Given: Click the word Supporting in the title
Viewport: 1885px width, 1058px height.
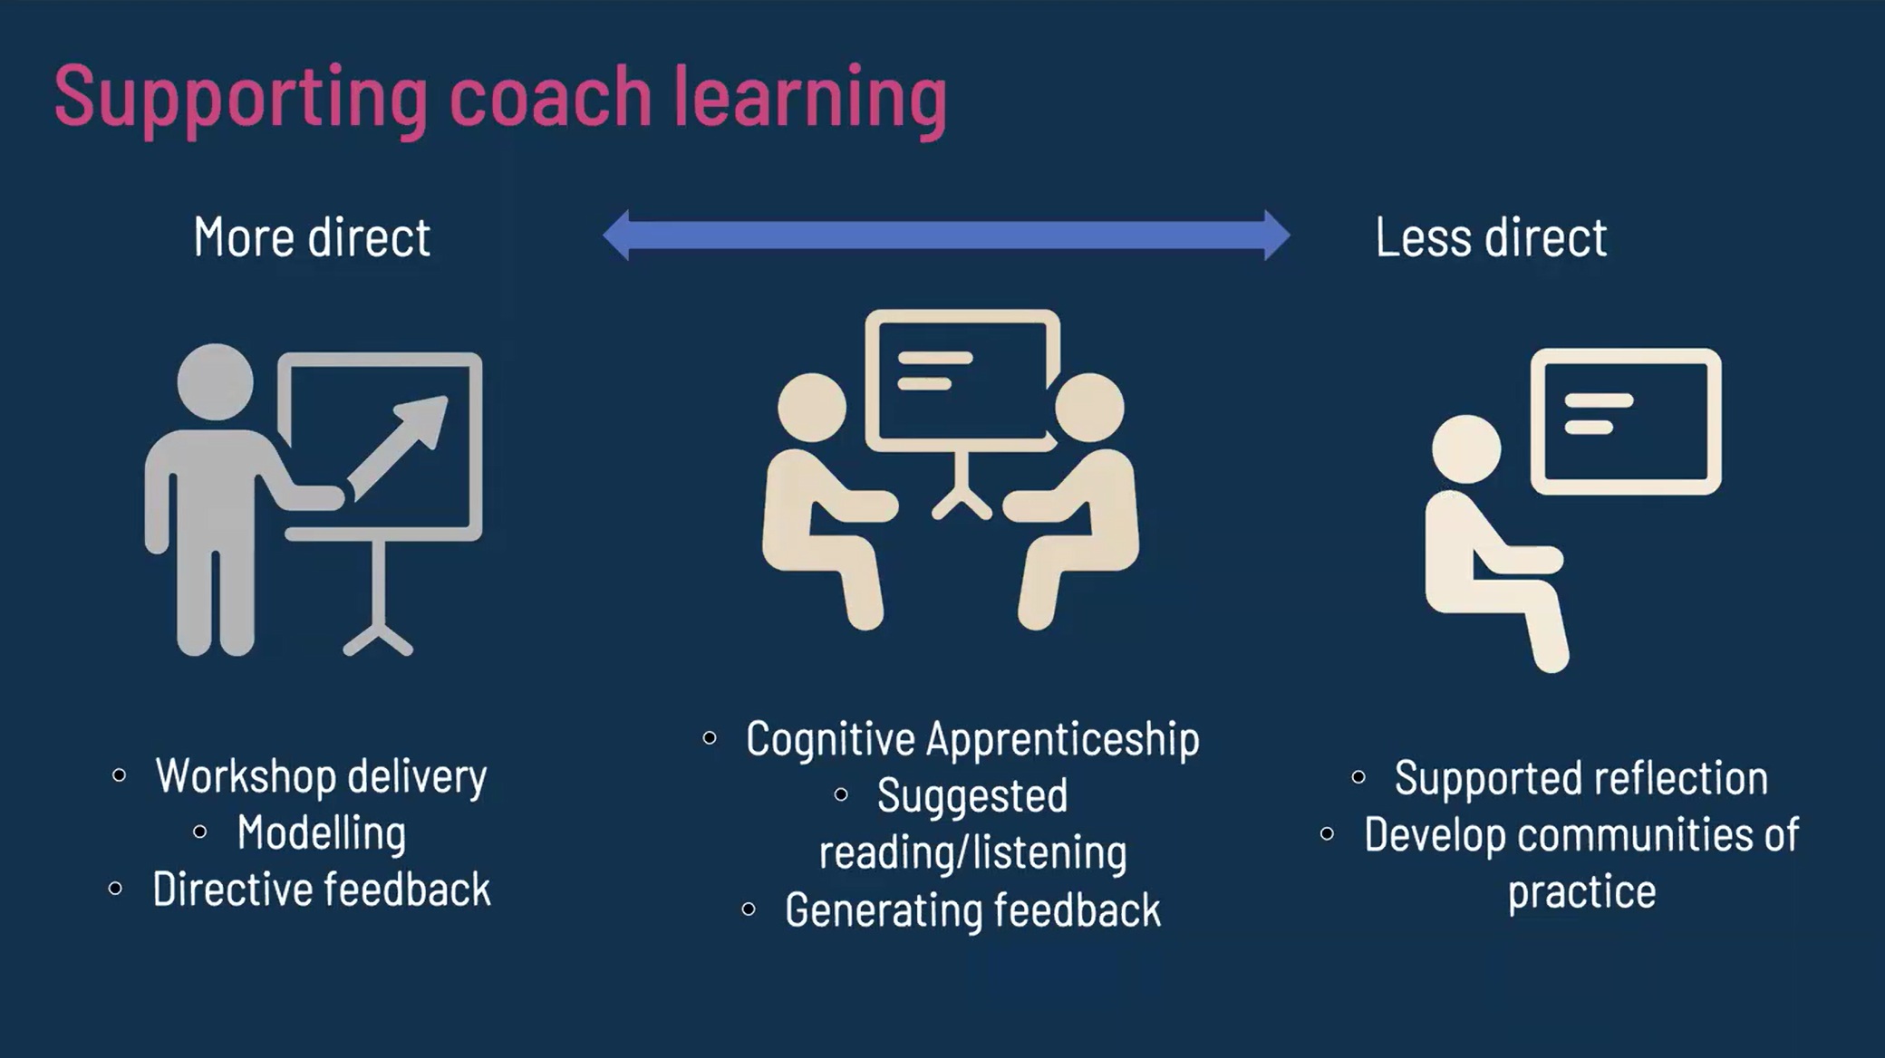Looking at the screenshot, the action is (x=241, y=99).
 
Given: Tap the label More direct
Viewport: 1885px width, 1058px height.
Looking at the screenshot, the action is (x=312, y=237).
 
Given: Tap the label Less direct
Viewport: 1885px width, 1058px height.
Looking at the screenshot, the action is (x=1491, y=237).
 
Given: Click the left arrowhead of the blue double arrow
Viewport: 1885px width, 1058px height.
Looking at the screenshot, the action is (x=616, y=236).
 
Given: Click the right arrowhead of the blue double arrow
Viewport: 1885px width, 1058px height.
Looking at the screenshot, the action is (x=1277, y=236).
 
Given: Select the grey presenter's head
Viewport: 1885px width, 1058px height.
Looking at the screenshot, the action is (x=215, y=381).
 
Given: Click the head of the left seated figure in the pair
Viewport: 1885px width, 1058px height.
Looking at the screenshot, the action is (x=812, y=408).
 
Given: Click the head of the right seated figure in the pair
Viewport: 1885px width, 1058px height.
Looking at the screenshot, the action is (x=1090, y=408).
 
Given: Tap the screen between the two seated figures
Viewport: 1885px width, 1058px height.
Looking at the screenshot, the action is (x=962, y=380).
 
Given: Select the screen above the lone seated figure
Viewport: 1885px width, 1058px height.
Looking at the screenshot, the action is (x=1626, y=421).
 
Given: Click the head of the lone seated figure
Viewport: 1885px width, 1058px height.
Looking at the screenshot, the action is (x=1466, y=449).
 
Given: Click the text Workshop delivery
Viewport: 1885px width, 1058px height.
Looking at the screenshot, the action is (x=321, y=776).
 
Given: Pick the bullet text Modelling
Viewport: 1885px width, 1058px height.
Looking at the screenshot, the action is (x=322, y=833).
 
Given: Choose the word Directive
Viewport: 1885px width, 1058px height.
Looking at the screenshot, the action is (x=230, y=890).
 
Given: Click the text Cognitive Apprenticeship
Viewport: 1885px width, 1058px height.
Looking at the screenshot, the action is (x=972, y=739).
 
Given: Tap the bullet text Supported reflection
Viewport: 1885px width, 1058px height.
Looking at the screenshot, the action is (x=1581, y=778).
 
